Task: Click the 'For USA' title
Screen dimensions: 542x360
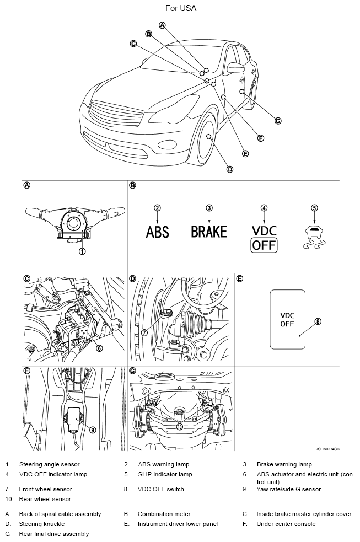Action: (x=180, y=8)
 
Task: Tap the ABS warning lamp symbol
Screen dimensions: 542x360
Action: (x=157, y=232)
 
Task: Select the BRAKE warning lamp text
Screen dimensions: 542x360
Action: (x=209, y=232)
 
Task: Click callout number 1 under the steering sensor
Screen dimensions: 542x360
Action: (x=82, y=251)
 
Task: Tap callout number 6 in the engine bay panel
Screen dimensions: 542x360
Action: (x=99, y=348)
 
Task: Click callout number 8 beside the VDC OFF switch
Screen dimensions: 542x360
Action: (x=318, y=321)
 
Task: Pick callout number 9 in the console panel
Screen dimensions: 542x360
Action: (x=93, y=430)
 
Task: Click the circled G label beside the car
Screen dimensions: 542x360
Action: (x=278, y=120)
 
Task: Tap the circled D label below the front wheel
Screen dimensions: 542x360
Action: (x=230, y=169)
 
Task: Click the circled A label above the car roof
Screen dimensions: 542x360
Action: (x=162, y=25)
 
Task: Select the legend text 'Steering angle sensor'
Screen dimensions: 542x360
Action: (x=49, y=464)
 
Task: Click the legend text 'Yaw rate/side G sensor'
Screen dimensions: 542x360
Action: (x=288, y=489)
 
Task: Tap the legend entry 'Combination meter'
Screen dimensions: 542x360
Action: (x=164, y=514)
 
